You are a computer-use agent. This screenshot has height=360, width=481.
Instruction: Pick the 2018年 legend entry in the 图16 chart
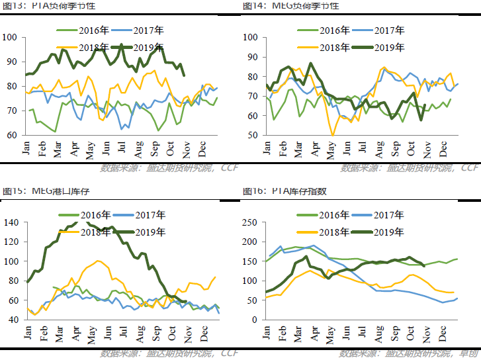click(326, 232)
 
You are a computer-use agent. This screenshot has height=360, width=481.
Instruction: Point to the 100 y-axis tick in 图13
click(11, 37)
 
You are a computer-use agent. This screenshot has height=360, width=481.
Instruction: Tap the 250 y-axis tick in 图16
click(248, 222)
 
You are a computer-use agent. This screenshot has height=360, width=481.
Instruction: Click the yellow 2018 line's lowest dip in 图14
click(333, 135)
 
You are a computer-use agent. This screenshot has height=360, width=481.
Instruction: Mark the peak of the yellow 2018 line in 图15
click(99, 261)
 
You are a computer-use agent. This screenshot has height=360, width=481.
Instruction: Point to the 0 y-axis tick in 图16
click(255, 320)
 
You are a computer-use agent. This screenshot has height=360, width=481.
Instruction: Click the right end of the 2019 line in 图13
click(183, 75)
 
